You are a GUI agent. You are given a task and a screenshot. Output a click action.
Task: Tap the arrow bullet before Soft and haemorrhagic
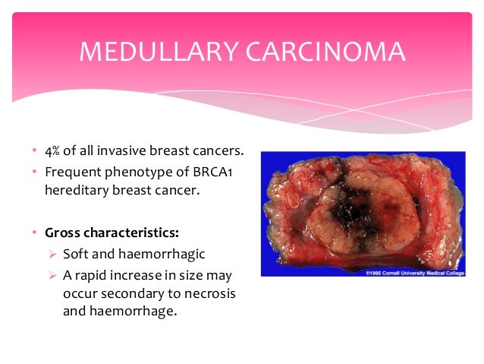[50, 254]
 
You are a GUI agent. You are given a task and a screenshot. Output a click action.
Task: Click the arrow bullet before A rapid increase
[50, 275]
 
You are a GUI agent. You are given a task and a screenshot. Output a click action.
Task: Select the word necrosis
[206, 294]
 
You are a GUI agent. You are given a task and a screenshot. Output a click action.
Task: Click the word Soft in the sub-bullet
[74, 253]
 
